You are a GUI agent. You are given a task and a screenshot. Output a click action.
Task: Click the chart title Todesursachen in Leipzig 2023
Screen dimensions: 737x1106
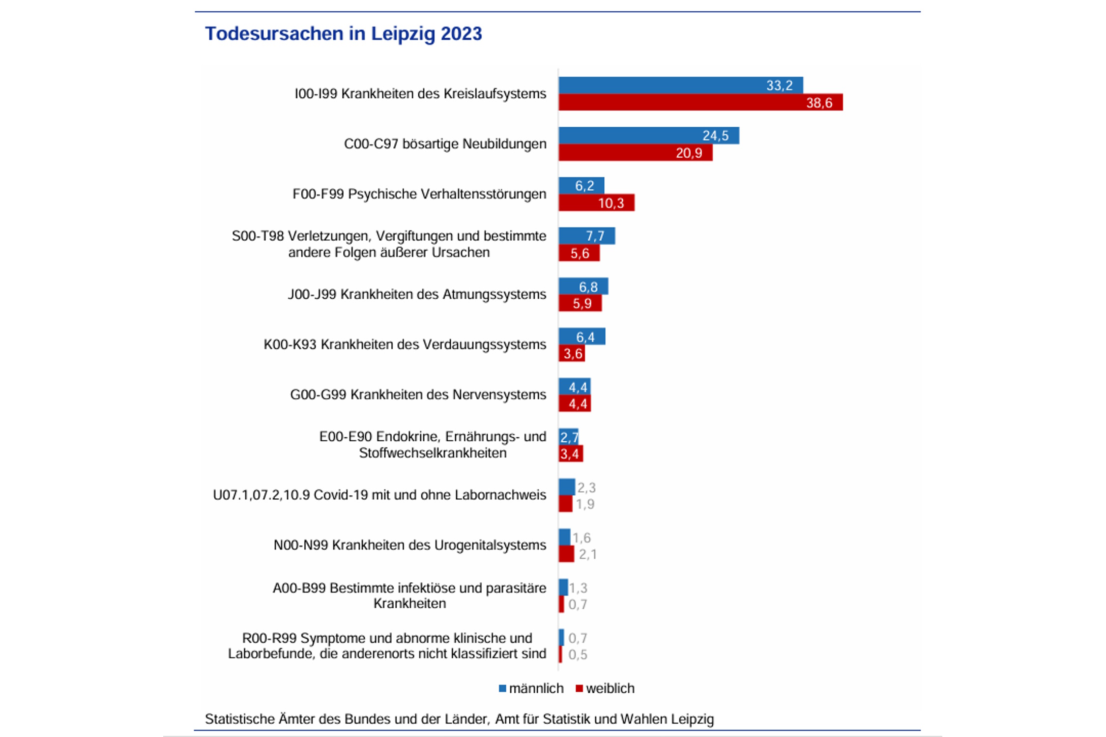tap(343, 34)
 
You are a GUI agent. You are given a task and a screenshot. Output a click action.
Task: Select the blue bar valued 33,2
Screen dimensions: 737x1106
tap(680, 85)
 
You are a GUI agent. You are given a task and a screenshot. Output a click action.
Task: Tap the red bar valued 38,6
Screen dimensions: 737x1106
tap(700, 102)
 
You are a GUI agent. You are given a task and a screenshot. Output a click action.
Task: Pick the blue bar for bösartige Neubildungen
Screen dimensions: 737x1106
tap(649, 136)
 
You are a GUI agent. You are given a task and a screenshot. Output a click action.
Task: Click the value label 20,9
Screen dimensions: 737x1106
tap(689, 153)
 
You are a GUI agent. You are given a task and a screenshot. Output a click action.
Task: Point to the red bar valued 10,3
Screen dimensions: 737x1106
tap(596, 202)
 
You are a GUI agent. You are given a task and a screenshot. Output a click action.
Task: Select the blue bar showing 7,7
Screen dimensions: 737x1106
tap(586, 236)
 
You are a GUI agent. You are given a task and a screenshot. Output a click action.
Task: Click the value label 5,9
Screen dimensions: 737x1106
tap(582, 304)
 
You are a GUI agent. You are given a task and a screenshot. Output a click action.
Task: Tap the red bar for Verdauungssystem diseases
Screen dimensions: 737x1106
tap(572, 353)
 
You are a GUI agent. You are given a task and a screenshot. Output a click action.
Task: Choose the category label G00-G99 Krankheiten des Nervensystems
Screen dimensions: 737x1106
tap(418, 395)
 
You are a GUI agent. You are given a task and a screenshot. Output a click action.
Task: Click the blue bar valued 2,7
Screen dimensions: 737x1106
tap(568, 436)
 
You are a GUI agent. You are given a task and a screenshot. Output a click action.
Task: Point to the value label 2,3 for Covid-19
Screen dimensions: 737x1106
tap(586, 488)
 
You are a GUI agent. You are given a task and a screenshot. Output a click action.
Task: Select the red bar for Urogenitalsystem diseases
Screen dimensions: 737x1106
tap(566, 554)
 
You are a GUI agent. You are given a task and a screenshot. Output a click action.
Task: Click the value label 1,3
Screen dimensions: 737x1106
tap(578, 588)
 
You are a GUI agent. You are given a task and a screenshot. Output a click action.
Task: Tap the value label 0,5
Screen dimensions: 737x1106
tap(578, 654)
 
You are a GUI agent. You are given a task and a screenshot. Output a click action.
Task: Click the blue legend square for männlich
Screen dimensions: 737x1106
tap(502, 688)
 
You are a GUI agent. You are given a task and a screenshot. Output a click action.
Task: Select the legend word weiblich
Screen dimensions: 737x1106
tap(610, 688)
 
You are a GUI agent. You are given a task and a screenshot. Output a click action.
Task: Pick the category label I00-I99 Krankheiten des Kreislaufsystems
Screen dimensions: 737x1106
tap(420, 93)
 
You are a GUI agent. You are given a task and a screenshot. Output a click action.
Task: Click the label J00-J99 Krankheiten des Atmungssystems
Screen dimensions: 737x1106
tap(417, 294)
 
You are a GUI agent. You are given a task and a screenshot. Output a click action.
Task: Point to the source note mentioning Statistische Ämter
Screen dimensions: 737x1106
tap(459, 719)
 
